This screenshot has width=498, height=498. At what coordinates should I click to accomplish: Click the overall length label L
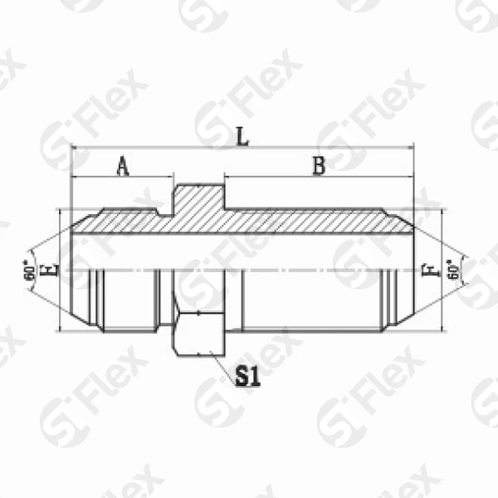pyautogui.click(x=242, y=135)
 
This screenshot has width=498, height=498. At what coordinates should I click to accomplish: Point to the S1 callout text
pyautogui.click(x=247, y=378)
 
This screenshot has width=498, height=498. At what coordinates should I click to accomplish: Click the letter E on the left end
pyautogui.click(x=55, y=270)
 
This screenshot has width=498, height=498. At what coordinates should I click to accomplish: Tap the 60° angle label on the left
pyautogui.click(x=31, y=271)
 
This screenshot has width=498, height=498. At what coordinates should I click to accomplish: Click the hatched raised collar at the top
pyautogui.click(x=198, y=199)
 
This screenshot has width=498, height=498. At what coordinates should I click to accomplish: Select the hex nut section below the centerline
pyautogui.click(x=198, y=332)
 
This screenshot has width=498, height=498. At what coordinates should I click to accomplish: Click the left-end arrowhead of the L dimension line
pyautogui.click(x=75, y=148)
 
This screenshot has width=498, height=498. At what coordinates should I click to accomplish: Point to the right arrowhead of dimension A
pyautogui.click(x=170, y=178)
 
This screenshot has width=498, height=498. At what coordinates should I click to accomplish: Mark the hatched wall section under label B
pyautogui.click(x=315, y=221)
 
